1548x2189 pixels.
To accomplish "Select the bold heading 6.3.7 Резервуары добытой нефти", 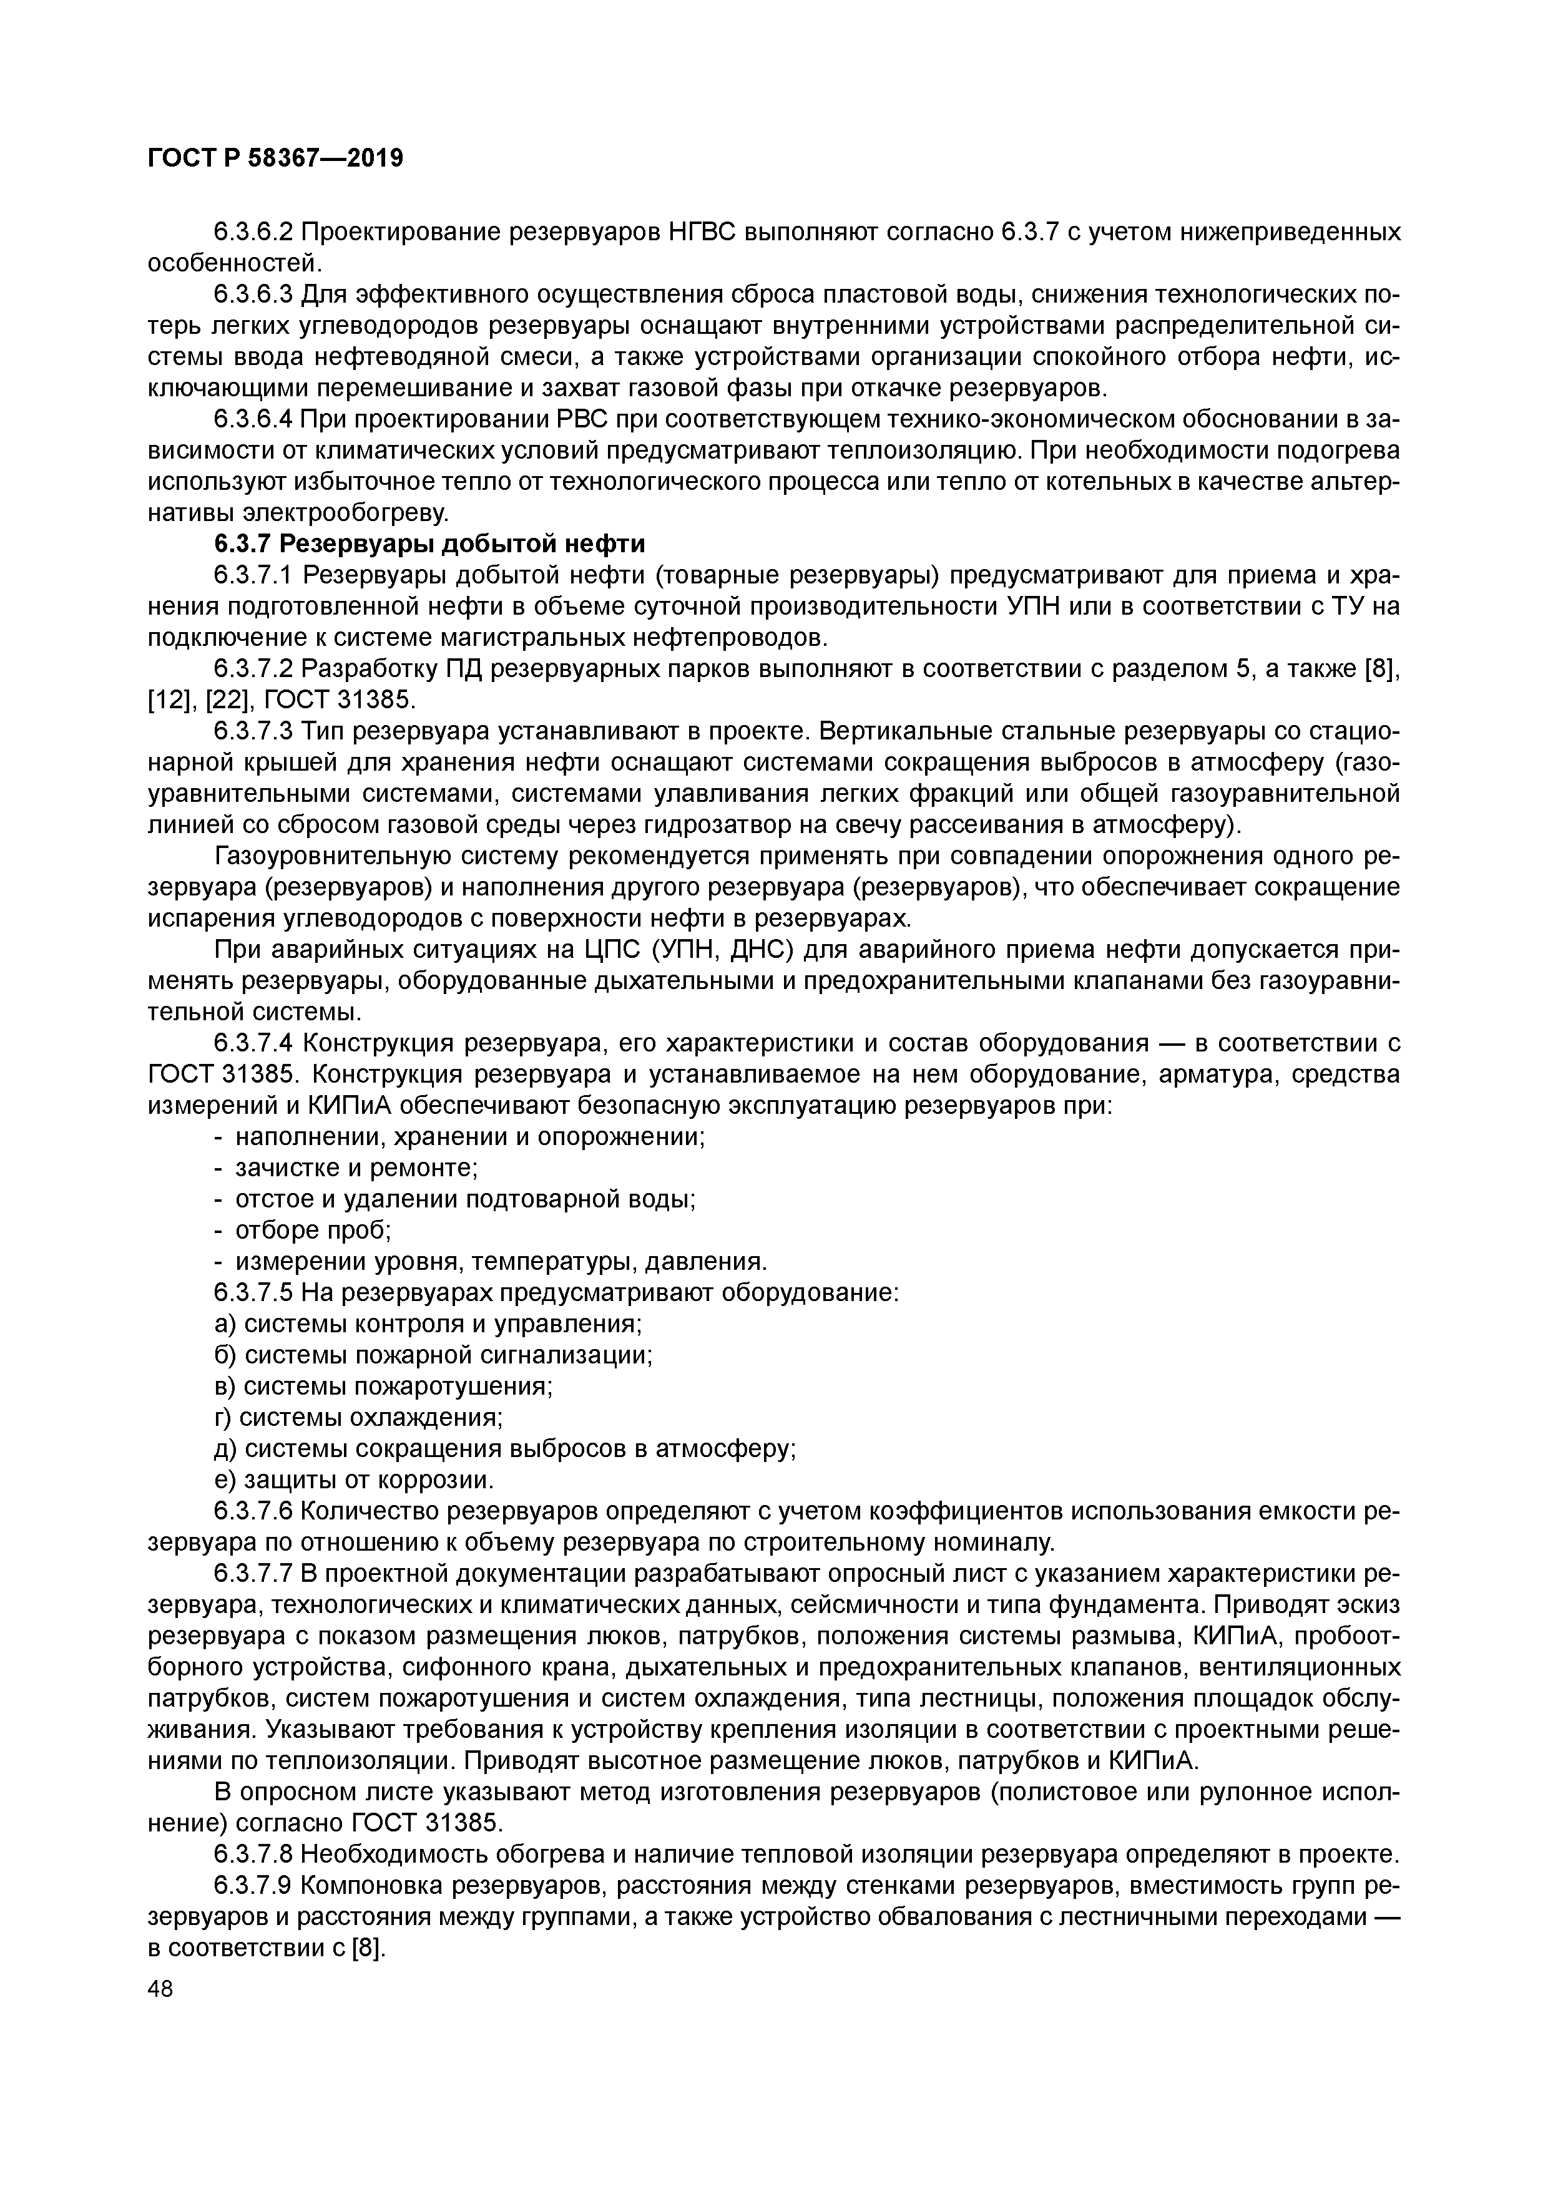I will coord(429,544).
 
